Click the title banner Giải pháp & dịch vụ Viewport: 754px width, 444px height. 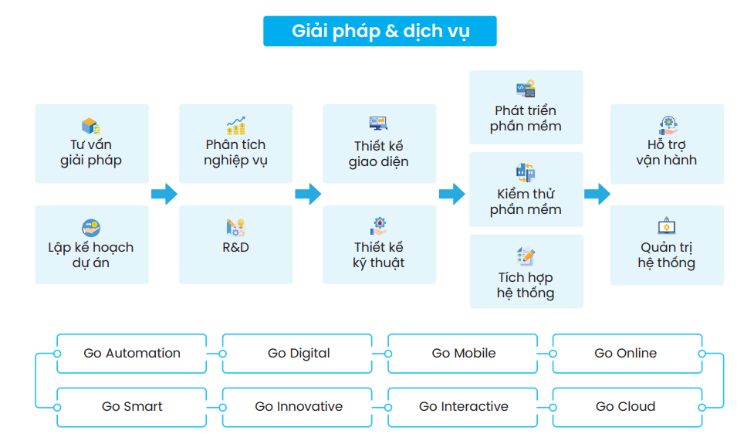point(380,32)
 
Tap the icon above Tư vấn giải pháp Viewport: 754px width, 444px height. point(91,126)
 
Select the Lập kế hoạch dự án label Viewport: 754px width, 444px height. point(91,255)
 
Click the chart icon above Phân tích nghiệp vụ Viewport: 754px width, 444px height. point(235,125)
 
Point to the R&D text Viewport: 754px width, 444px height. point(235,248)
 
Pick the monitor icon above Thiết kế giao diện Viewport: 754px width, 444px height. point(378,124)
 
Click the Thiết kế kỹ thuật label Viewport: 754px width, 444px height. point(378,255)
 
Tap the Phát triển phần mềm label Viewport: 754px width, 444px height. point(526,118)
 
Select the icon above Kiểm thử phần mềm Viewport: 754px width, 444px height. point(526,172)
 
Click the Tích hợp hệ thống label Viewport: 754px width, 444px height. point(526,285)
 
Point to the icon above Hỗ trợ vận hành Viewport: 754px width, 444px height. point(667,124)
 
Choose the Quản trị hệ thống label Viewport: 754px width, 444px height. point(667,255)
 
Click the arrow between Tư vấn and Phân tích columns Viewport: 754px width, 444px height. point(164,194)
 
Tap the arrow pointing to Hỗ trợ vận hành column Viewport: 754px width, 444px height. point(597,194)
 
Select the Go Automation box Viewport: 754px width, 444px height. point(132,354)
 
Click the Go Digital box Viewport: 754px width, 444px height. point(298,354)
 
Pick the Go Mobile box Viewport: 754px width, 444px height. point(463,354)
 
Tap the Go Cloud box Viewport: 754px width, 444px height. point(626,407)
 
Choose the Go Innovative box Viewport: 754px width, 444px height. point(298,407)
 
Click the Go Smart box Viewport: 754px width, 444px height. point(132,407)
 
